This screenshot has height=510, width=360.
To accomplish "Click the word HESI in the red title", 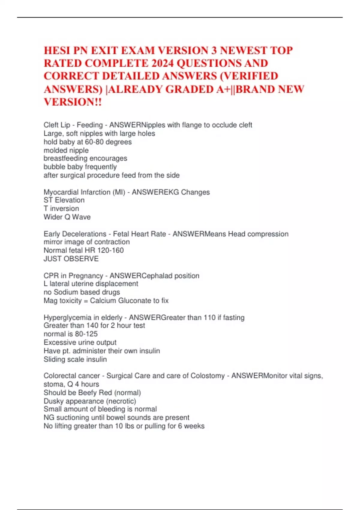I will (x=57, y=50).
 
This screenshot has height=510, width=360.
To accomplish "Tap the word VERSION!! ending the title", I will (x=73, y=102).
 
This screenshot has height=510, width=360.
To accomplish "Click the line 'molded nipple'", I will (x=66, y=150).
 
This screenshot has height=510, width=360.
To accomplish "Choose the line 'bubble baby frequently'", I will (x=80, y=167).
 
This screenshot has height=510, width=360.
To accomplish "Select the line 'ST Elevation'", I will (x=64, y=200).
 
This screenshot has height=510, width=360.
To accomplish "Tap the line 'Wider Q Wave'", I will (x=67, y=217).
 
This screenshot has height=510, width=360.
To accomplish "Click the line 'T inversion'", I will (x=61, y=208).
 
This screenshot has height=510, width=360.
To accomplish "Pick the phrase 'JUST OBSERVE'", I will (x=71, y=259).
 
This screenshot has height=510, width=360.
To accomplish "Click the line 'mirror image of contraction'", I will (x=87, y=242).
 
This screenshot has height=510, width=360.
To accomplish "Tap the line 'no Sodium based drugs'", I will (x=82, y=292).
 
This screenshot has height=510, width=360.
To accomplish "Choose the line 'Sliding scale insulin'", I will (x=75, y=359).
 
